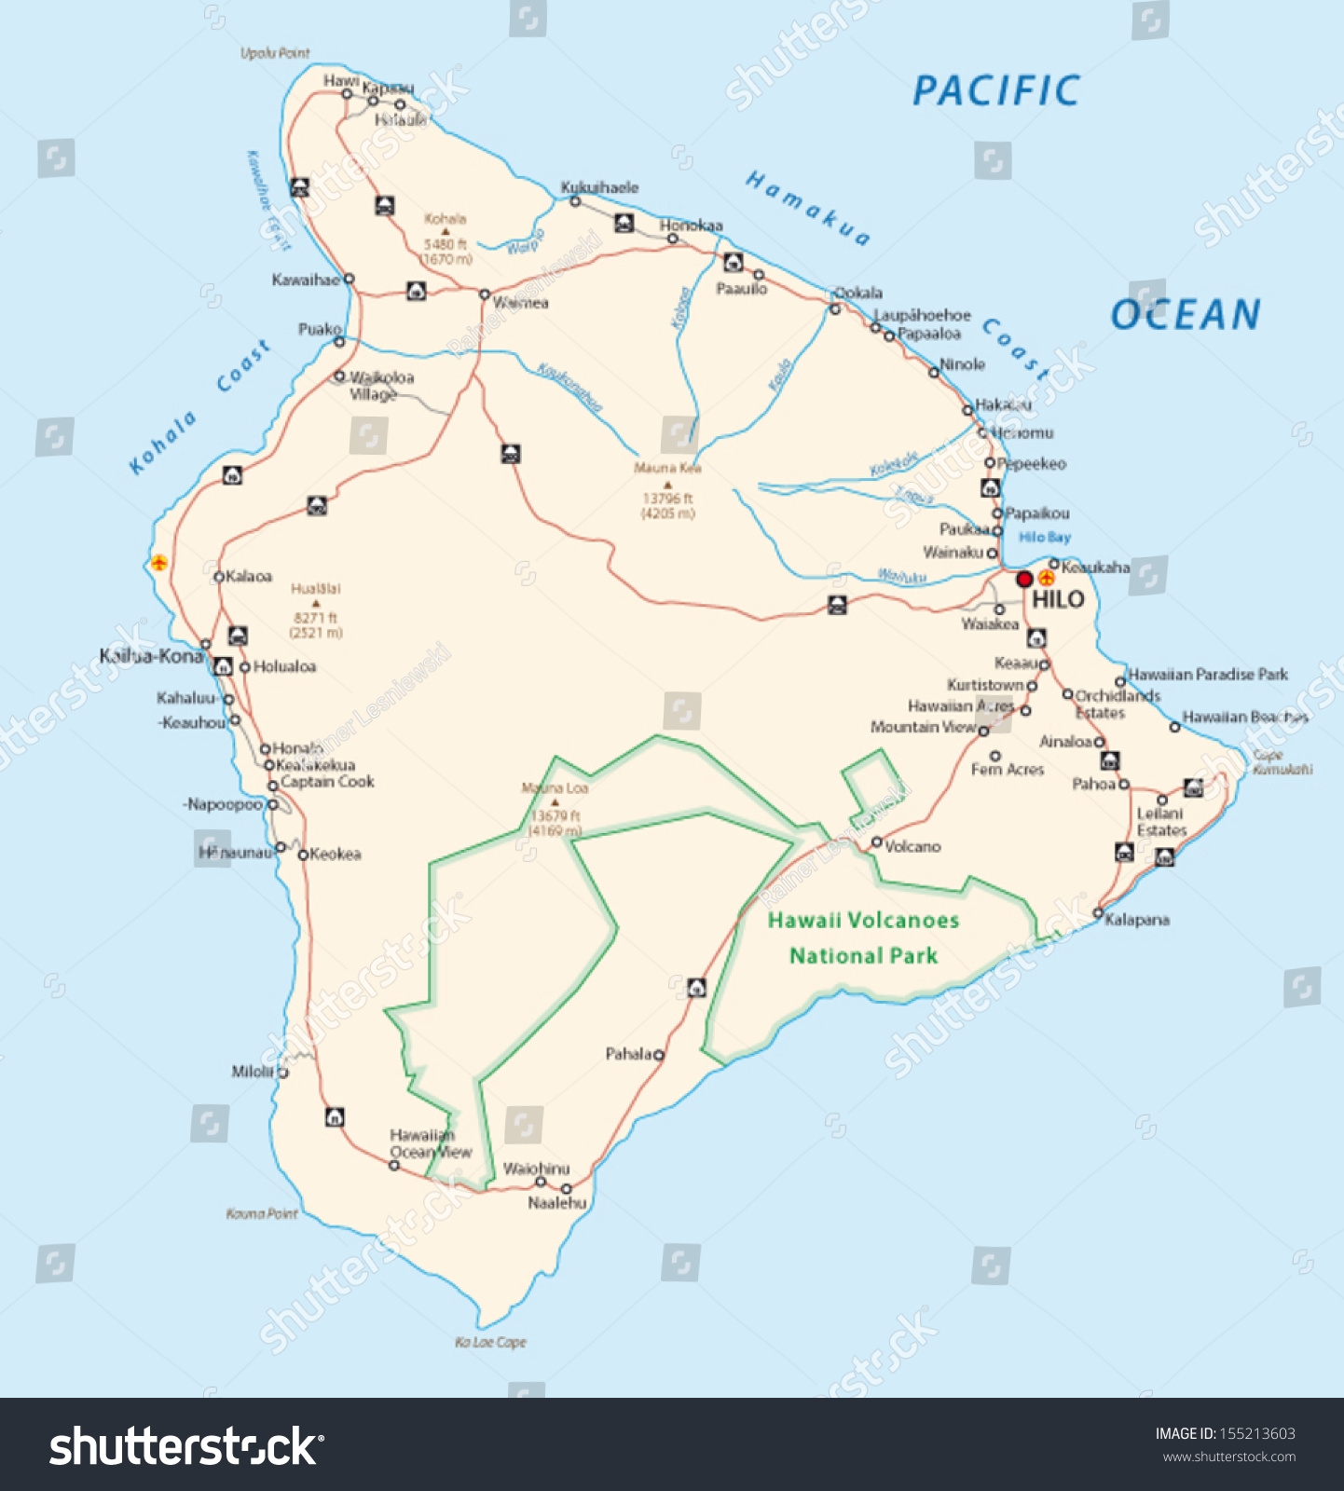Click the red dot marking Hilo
[x=1023, y=580]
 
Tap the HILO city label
[x=1058, y=599]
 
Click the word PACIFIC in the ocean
[x=995, y=91]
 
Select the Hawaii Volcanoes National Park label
[x=863, y=937]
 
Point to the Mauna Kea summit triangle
[x=667, y=485]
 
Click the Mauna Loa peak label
[x=555, y=788]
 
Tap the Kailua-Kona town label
[x=151, y=656]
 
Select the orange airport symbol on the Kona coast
[x=159, y=563]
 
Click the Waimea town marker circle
[x=485, y=294]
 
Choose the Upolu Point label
[x=275, y=53]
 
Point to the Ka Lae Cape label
[x=490, y=1342]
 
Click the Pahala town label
[x=629, y=1054]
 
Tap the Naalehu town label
[x=557, y=1203]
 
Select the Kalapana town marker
[x=1098, y=913]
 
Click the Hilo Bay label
[x=1044, y=537]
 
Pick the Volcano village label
[x=912, y=846]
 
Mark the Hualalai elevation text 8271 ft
[x=315, y=618]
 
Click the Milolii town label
[x=253, y=1072]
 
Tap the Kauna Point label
[x=262, y=1213]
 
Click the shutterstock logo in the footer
[x=186, y=1446]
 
